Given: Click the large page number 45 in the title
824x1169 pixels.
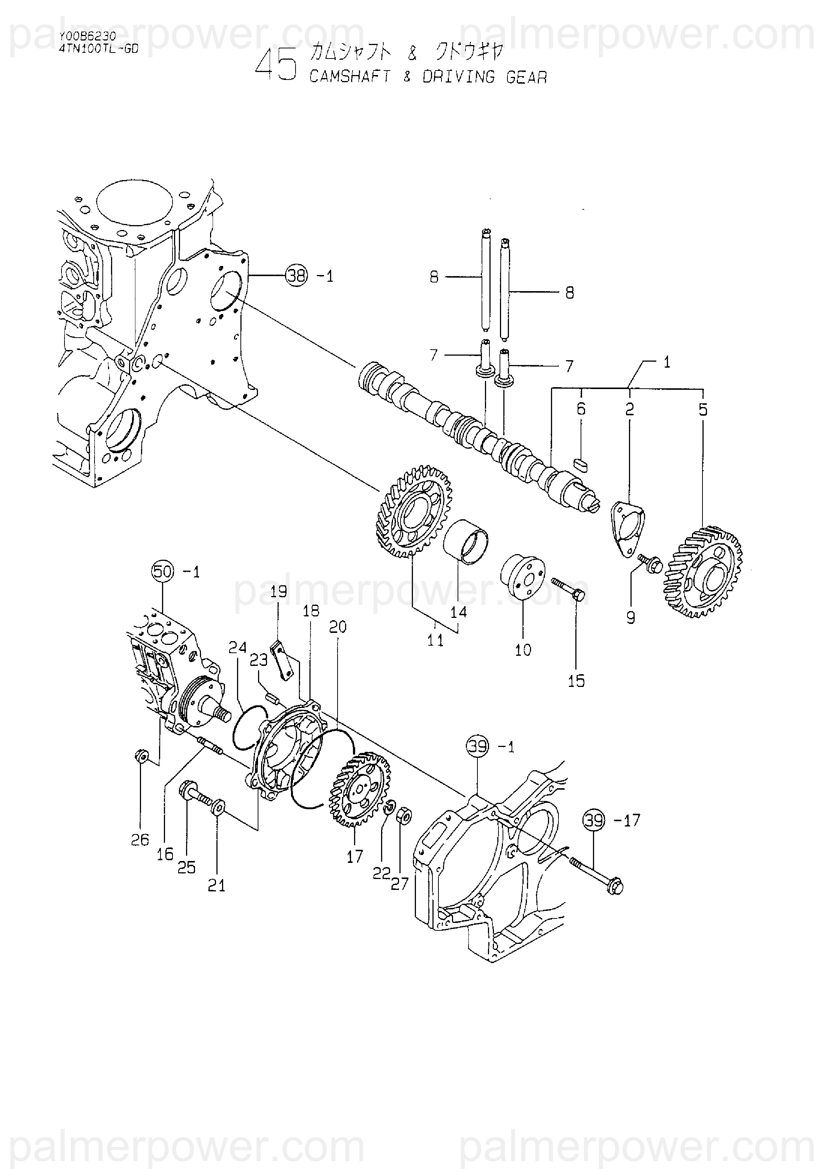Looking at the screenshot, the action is click(275, 65).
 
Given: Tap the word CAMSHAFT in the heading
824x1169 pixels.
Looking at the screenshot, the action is click(350, 77).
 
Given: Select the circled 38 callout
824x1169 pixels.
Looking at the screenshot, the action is click(297, 276).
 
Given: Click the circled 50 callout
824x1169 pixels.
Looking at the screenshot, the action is click(162, 572).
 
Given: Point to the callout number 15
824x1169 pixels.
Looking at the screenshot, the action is click(576, 681).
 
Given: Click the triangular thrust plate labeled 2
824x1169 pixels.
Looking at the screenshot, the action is click(627, 529).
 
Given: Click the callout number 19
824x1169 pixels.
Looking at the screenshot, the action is click(278, 592).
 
